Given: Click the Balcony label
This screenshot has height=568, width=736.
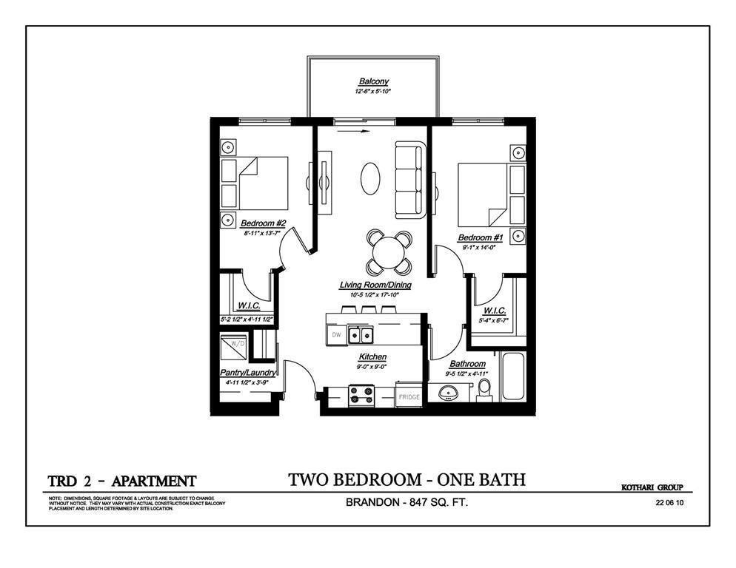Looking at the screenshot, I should [x=373, y=81].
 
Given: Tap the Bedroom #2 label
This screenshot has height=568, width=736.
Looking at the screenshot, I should [x=263, y=223].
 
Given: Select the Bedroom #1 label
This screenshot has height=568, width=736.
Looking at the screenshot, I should [x=480, y=237].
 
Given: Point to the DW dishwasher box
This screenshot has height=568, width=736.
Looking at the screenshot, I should [x=336, y=335].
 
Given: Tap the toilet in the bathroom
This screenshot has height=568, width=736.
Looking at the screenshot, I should [x=484, y=393].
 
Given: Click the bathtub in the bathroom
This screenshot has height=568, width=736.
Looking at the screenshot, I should [x=512, y=377].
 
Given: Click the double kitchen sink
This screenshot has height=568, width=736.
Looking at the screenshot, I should [x=361, y=336].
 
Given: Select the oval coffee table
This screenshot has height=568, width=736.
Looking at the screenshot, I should [x=372, y=178].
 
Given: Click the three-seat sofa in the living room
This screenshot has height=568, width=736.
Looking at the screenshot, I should [x=409, y=180].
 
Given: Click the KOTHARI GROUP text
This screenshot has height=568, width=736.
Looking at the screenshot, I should [x=651, y=487].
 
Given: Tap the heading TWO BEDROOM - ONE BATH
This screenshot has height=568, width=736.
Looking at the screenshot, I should [x=407, y=479].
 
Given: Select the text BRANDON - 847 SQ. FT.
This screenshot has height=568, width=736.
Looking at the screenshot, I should [x=407, y=503].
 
